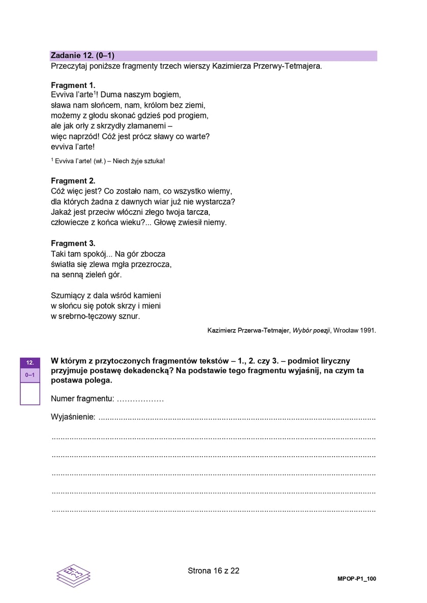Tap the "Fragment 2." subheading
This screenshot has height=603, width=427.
(73, 180)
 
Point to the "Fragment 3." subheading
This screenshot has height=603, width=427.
(73, 243)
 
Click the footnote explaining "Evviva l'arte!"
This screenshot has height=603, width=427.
(108, 161)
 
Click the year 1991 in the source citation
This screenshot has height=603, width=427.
(368, 330)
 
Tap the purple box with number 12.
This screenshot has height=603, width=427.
(30, 363)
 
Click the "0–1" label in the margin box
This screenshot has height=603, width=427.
(30, 375)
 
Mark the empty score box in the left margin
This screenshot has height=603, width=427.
(30, 393)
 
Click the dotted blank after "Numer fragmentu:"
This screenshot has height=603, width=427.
(140, 400)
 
